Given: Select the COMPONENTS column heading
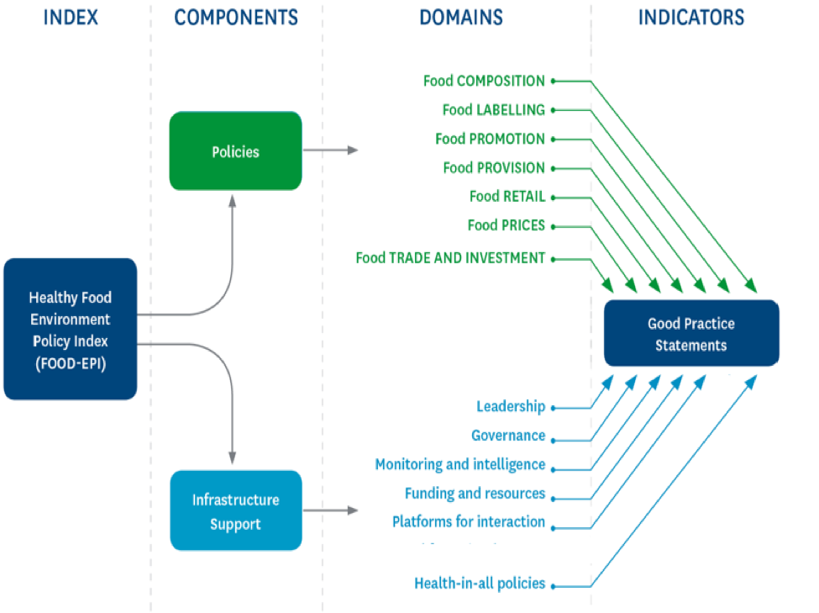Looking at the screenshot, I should (x=236, y=17).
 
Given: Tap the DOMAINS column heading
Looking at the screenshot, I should (x=461, y=17).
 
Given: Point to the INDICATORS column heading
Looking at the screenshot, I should (x=691, y=17).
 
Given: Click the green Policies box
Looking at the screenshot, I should (x=235, y=151).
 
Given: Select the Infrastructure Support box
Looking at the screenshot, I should (x=235, y=511).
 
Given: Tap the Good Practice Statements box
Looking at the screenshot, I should (x=691, y=334).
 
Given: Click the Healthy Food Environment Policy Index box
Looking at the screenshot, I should (x=70, y=329).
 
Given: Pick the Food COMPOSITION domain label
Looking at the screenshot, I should (x=484, y=81).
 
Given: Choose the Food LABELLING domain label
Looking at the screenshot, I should (x=493, y=109).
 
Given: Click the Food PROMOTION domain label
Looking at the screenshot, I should (x=490, y=139).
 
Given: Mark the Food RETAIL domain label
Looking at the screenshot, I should (x=507, y=196).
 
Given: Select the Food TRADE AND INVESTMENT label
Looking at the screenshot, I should (x=450, y=258).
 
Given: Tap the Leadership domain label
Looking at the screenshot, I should (x=511, y=407).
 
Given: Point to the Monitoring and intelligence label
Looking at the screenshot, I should (x=459, y=464).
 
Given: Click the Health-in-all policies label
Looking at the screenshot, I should (x=480, y=583).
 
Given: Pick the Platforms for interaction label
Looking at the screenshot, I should (x=469, y=521).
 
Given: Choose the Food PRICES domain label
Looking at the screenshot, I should (x=506, y=225).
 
